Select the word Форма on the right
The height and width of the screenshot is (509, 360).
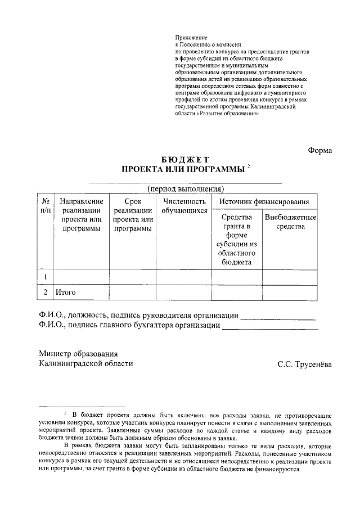(x=320, y=150)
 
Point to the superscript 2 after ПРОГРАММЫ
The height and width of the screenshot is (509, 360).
(x=249, y=166)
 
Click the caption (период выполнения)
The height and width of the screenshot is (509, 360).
(x=186, y=188)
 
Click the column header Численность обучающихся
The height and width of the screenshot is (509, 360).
(x=184, y=206)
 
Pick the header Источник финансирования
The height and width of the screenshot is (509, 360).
(x=264, y=201)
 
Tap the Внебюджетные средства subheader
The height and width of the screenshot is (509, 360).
(x=290, y=222)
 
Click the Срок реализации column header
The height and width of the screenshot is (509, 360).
(x=132, y=215)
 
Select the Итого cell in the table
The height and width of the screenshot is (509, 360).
(x=65, y=292)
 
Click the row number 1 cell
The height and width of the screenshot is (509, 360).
(x=45, y=277)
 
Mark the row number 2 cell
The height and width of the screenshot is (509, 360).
(x=45, y=292)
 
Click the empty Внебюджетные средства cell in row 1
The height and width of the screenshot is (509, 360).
(x=290, y=277)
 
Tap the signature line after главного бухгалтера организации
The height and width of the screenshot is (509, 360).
(x=270, y=328)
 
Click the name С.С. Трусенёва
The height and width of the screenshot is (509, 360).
(x=304, y=364)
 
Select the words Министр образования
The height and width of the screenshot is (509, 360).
(x=78, y=354)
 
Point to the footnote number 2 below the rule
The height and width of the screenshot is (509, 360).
(x=65, y=413)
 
